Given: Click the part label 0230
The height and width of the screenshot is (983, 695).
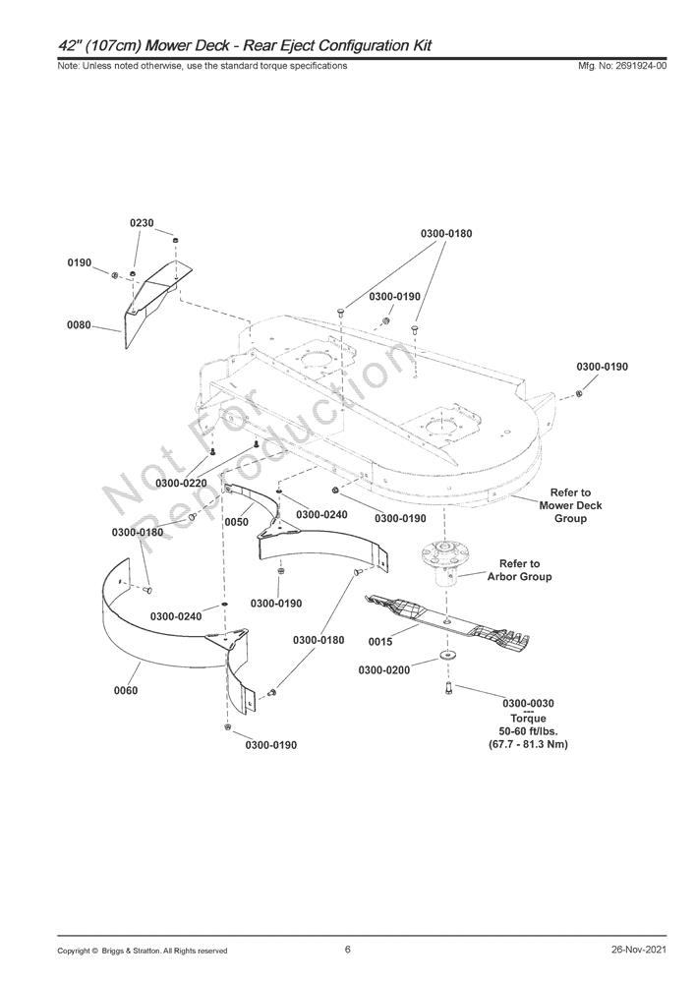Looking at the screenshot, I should tap(142, 224).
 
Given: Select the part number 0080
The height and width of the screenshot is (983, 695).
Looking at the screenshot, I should tap(79, 324).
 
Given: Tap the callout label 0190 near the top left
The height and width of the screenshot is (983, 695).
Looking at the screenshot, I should tap(79, 263).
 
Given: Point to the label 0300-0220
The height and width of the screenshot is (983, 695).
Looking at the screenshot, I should tap(181, 483).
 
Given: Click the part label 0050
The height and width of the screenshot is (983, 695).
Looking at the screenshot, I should tap(236, 522).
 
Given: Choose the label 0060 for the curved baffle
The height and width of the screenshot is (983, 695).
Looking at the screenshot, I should tap(126, 690).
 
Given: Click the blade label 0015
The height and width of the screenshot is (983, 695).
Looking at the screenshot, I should tap(380, 642).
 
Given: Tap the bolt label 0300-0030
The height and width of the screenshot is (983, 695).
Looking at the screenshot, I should tap(528, 704).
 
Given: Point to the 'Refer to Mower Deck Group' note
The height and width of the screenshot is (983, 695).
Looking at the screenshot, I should tap(570, 505).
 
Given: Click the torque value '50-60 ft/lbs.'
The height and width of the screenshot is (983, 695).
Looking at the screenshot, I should tap(528, 731).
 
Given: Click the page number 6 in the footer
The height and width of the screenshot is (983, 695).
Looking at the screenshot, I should tap(348, 950).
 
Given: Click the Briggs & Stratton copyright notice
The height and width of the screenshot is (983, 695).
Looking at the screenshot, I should tap(143, 951).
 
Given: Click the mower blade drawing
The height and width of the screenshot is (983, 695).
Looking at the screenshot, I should tap(452, 621).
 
